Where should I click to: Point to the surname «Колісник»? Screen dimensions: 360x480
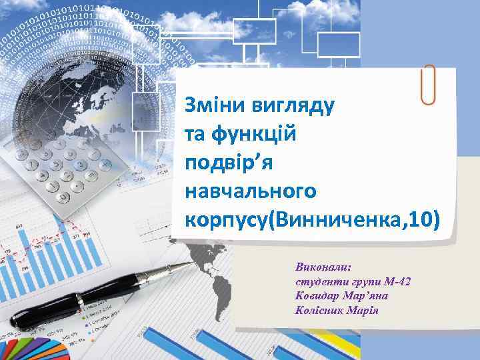pos(321,309)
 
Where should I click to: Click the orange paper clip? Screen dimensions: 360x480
pos(429,85)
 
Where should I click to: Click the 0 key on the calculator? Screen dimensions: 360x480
pos(64,197)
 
